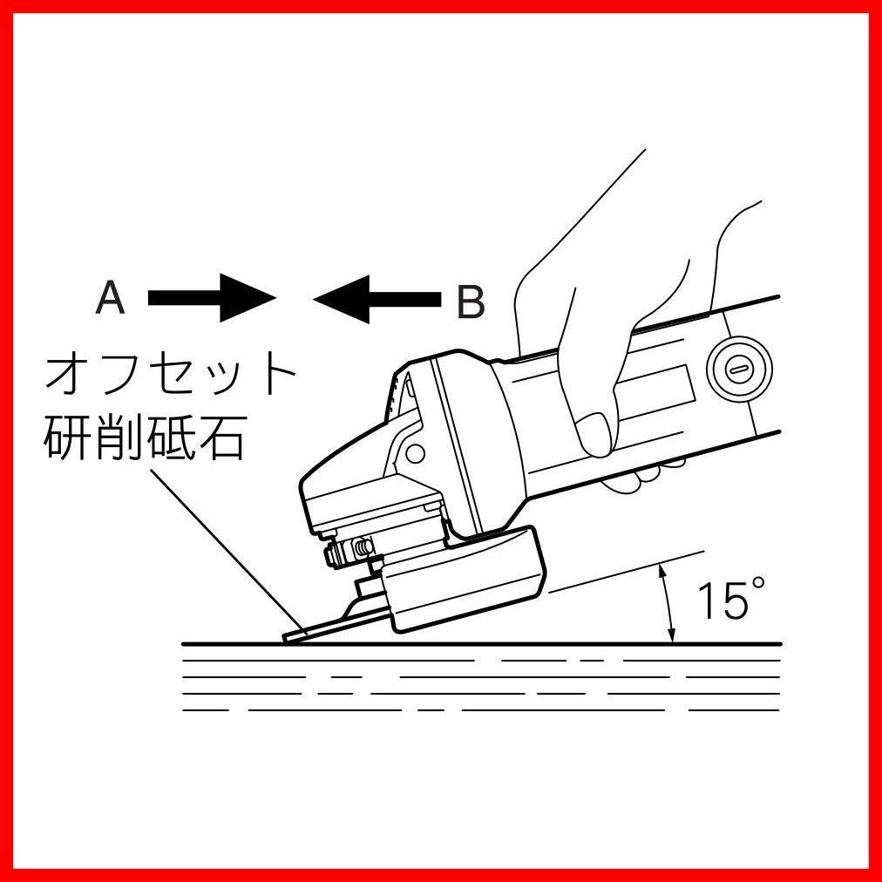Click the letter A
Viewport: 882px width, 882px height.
111,299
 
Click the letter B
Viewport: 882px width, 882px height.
470,302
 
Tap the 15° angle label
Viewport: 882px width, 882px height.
723,601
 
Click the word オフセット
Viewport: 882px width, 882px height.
171,376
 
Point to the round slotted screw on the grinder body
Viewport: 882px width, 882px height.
737,368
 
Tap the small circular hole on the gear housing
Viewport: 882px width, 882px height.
415,454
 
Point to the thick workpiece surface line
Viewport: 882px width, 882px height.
479,644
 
